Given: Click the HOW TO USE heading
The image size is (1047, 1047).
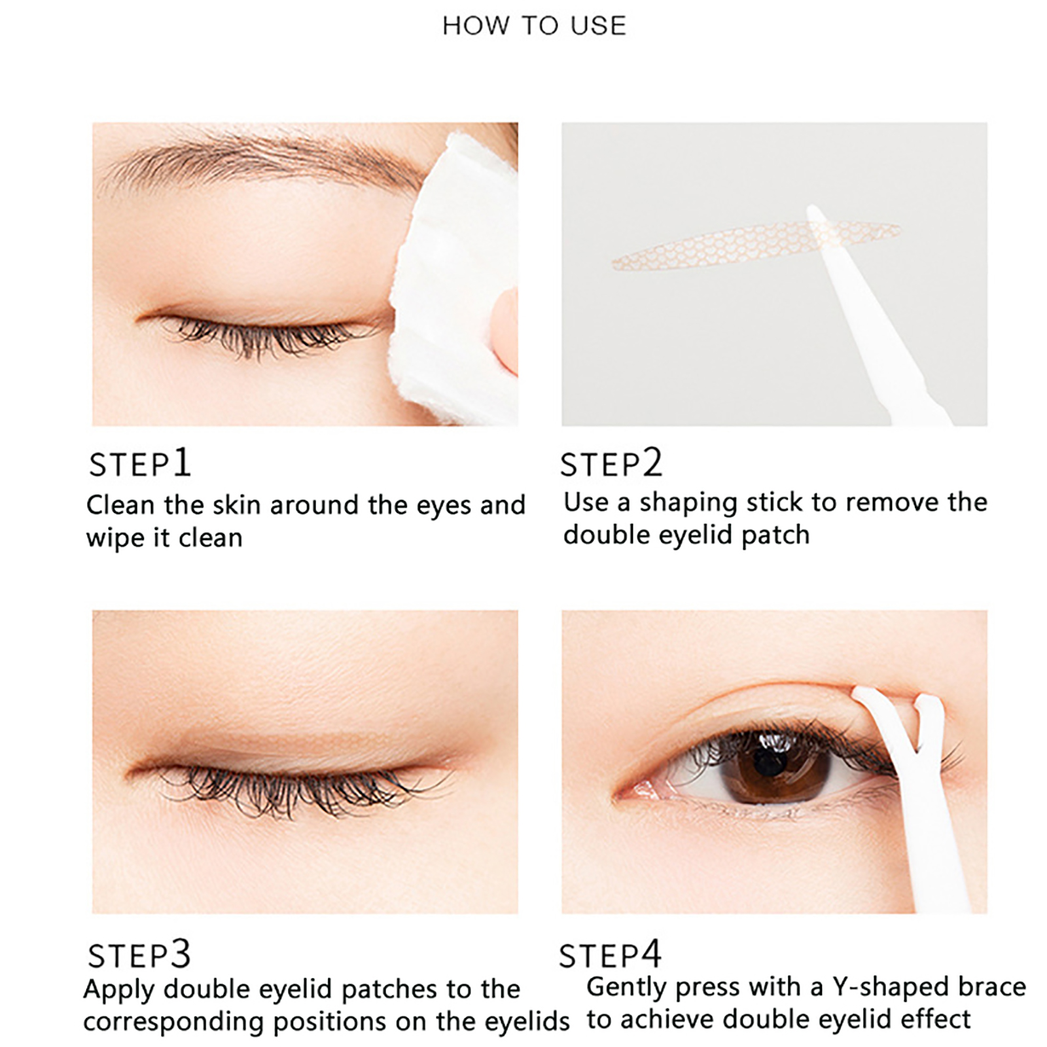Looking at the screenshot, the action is click(x=534, y=26).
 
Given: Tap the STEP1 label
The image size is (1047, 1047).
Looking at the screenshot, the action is click(x=139, y=463).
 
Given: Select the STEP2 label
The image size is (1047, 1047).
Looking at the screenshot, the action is click(x=611, y=463).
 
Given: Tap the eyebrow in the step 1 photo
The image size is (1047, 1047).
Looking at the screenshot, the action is click(x=262, y=157).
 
